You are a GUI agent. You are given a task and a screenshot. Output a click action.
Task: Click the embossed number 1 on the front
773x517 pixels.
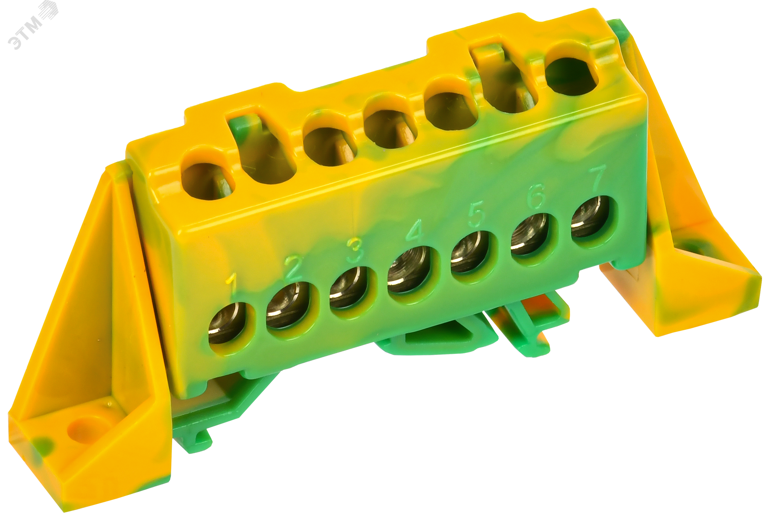pos(232,284)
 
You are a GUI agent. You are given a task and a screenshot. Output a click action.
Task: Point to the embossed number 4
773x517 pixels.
pos(415,231)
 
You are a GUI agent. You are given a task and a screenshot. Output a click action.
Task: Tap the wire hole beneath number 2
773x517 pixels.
pos(287,305)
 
